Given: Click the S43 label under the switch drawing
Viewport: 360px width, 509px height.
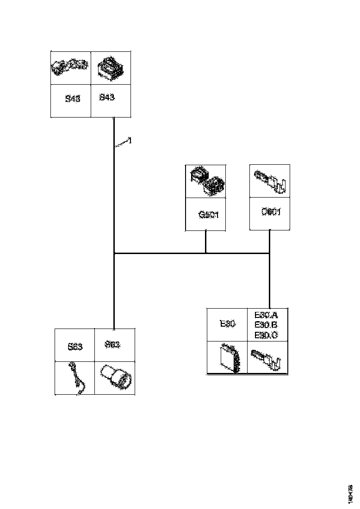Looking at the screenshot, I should click(73, 99).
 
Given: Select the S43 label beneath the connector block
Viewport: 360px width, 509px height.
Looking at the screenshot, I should click(107, 98).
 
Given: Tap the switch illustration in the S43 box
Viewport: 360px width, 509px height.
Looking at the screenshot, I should click(70, 68).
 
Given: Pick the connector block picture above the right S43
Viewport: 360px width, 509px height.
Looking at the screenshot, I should click(110, 68).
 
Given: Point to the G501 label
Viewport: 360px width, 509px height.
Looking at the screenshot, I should click(208, 215).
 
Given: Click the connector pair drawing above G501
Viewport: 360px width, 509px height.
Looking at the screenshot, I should click(206, 181).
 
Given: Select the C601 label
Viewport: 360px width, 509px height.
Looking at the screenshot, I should click(271, 212).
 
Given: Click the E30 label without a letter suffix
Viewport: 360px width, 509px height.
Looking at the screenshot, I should click(228, 324).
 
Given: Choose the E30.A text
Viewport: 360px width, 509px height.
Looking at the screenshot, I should click(266, 315).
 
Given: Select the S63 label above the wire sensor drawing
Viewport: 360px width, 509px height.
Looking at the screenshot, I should click(74, 347).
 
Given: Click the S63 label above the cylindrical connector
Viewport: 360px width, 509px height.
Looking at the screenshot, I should click(112, 345).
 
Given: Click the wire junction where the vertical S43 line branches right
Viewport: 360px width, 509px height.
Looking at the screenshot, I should click(114, 254).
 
